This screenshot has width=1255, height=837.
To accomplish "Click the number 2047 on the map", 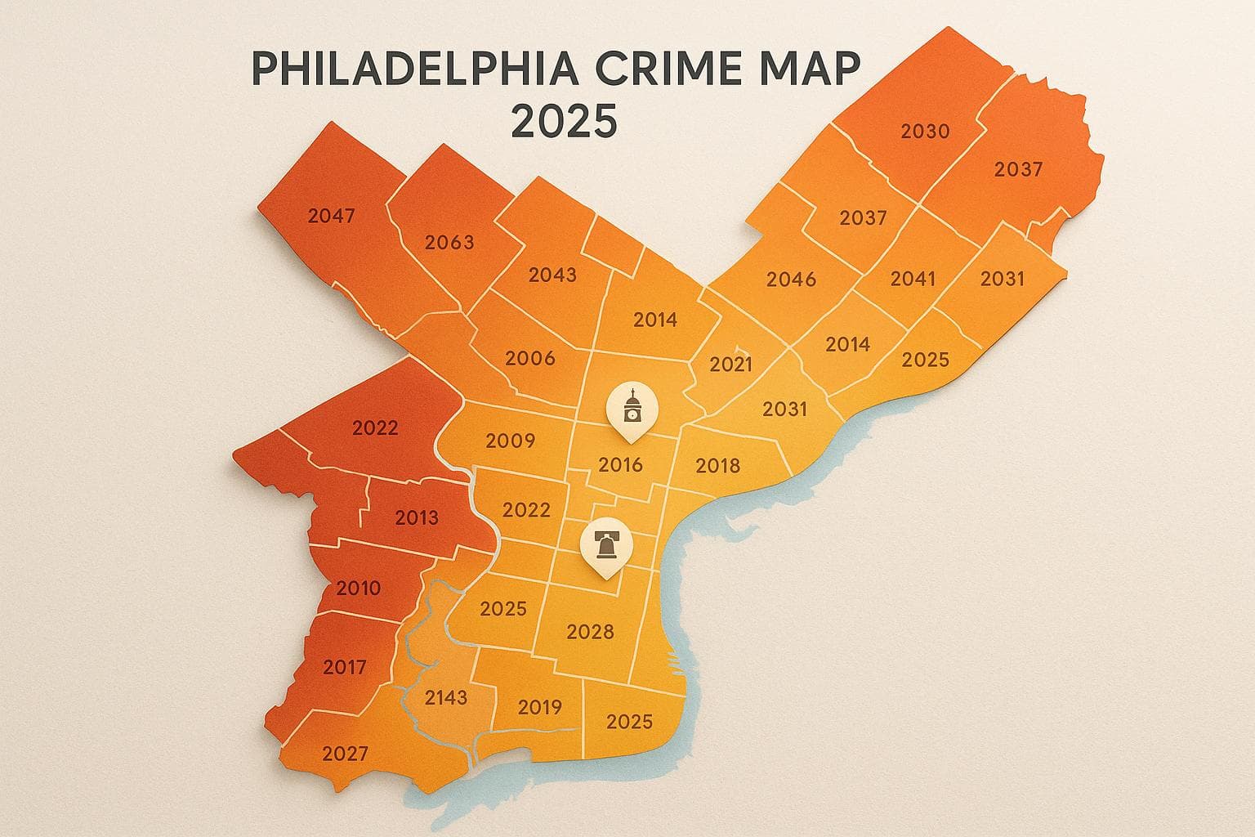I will point(332,216).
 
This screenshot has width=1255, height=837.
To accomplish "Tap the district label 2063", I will point(449,242).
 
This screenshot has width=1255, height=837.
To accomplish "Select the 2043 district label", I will point(552,275).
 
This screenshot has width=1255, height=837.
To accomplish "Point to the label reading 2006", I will point(530,357).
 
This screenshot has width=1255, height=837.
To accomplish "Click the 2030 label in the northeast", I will point(925,131).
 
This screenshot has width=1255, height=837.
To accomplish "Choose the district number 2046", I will point(791,280).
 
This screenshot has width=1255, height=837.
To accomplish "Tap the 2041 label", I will point(913,279).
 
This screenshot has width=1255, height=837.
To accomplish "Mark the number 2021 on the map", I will point(730,364).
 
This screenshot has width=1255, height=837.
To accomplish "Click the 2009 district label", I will point(510,441).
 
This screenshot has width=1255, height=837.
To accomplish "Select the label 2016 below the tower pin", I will point(620,465).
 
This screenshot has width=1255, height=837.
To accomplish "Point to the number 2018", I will point(717,466).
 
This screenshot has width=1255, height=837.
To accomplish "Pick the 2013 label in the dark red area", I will point(416,517).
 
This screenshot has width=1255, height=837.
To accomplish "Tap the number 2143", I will point(446,697).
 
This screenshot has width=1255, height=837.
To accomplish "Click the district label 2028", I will point(590,631).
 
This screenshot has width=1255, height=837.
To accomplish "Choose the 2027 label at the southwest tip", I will point(345,754).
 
